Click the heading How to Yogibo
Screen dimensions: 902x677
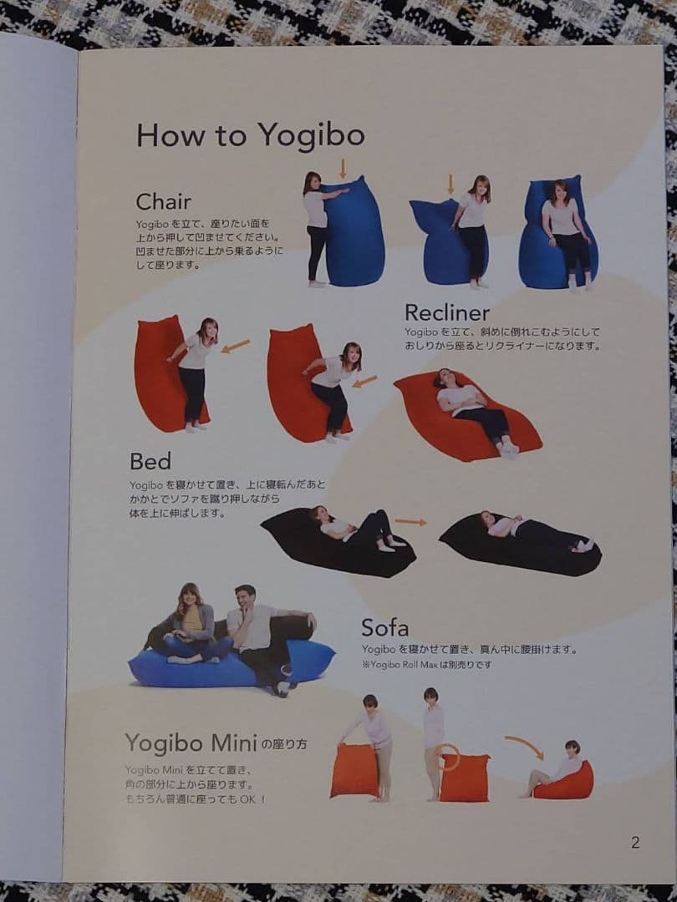250,134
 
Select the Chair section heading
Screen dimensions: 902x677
163,201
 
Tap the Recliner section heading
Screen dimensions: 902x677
446,312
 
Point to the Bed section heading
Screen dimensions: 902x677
150,461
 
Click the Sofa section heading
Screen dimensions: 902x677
384,627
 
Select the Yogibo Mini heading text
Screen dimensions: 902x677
191,742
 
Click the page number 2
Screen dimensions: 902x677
635,842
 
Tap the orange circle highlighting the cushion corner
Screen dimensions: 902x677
449,757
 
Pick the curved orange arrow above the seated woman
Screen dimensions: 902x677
524,745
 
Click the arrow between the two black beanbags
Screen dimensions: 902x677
410,522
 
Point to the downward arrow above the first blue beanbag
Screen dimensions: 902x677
342,168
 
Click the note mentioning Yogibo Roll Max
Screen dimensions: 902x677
426,665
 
